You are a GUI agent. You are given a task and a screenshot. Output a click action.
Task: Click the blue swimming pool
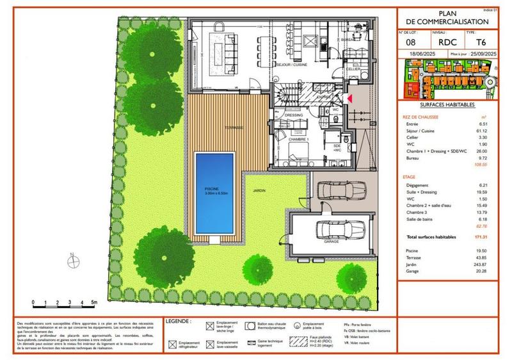(214, 192)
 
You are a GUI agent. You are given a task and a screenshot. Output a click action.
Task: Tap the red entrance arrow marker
(349, 98)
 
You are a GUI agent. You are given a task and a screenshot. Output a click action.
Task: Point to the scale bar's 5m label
(93, 301)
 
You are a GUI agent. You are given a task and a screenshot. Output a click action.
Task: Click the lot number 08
(412, 43)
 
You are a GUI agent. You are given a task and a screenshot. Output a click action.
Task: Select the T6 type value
(479, 43)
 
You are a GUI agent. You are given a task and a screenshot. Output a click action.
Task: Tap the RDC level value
(445, 43)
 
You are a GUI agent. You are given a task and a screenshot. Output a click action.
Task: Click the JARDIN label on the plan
(259, 191)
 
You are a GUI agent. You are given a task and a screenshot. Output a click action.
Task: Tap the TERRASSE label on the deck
(233, 127)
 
